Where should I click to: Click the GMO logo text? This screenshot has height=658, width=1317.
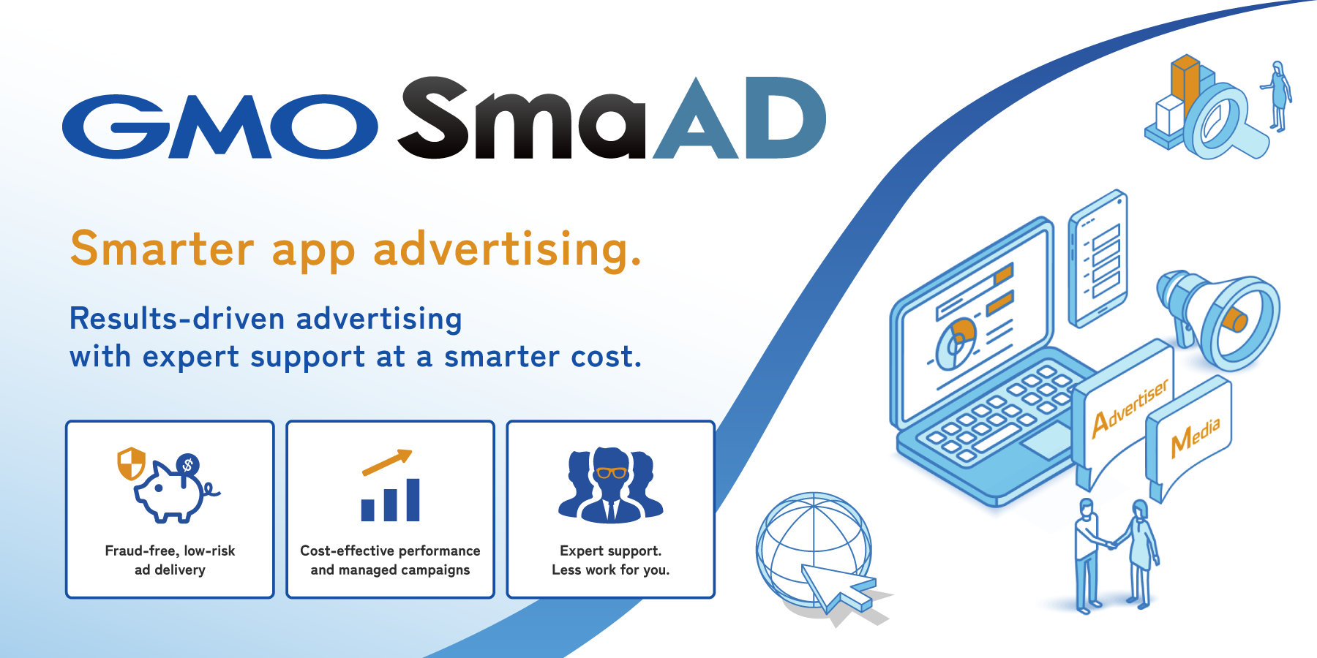click(219, 126)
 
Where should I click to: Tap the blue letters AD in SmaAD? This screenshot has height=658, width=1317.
click(740, 118)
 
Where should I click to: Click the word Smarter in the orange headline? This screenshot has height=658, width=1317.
click(162, 249)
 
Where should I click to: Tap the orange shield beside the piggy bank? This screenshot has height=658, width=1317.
click(132, 464)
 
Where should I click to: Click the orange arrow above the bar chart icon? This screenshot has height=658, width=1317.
click(388, 463)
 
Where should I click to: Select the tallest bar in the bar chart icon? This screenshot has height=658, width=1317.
click(413, 500)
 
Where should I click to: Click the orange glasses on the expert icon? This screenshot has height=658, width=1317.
click(611, 472)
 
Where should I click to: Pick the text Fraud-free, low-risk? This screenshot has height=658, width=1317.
click(170, 551)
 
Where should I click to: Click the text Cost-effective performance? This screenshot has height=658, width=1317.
click(390, 551)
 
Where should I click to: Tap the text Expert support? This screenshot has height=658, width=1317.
click(610, 551)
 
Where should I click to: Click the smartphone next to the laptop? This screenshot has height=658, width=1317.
click(1097, 259)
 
